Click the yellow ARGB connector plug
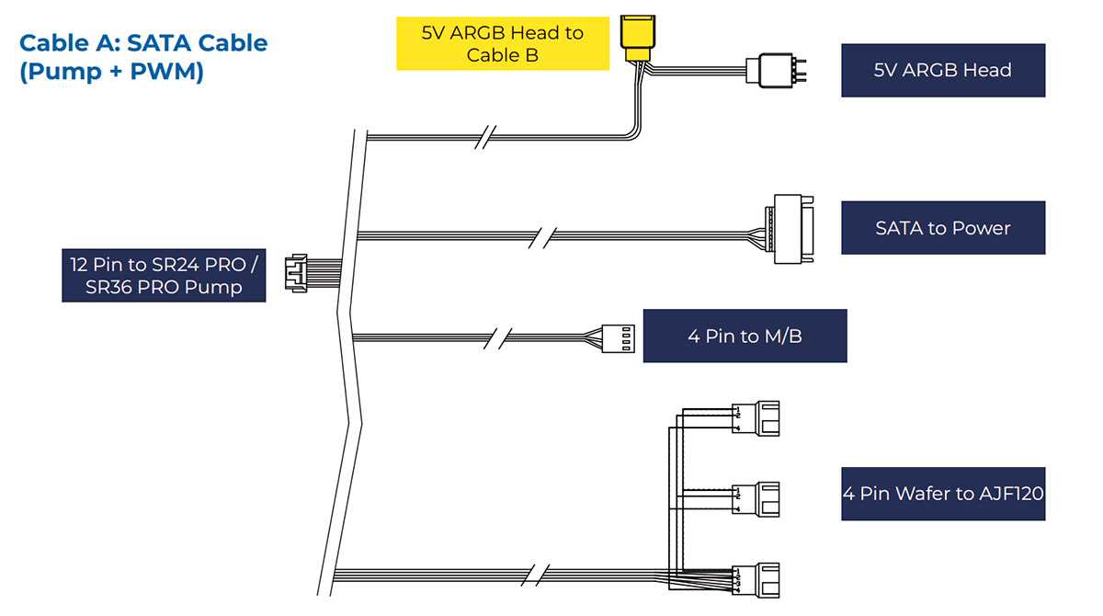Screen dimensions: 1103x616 638,39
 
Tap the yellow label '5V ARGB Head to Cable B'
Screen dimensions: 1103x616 503,43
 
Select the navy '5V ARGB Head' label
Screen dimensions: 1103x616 943,71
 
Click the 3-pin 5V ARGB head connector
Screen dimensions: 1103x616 776,71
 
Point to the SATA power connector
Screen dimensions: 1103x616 790,229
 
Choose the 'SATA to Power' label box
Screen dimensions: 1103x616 943,227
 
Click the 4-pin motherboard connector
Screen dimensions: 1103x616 619,338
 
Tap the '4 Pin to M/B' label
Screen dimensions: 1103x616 745,336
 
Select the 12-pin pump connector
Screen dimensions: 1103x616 296,273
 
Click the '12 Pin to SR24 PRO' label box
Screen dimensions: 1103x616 164,275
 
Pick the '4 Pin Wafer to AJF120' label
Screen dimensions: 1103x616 943,494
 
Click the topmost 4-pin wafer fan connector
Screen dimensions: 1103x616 756,418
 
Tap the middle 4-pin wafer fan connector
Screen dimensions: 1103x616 756,499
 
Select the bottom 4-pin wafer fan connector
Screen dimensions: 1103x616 756,580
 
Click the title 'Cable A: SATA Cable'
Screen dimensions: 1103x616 143,43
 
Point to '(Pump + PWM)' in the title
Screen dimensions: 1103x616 111,72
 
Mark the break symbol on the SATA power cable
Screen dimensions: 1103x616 541,238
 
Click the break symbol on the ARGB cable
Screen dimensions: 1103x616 485,137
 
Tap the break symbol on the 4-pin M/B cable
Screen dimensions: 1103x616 497,338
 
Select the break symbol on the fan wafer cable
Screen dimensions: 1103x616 535,576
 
